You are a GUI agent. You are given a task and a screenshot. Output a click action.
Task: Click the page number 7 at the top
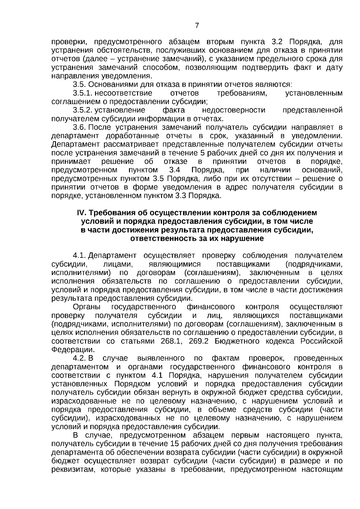[197, 26]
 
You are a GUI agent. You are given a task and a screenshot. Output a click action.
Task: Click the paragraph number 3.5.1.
[82, 93]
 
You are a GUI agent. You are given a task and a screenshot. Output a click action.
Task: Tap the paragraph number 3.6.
[79, 127]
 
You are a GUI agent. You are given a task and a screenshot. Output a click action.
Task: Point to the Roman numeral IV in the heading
[82, 213]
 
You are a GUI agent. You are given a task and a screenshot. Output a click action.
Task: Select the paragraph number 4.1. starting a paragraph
[79, 256]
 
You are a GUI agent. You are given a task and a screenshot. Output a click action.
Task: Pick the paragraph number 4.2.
[79, 358]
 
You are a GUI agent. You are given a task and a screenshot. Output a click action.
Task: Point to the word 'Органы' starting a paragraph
[87, 307]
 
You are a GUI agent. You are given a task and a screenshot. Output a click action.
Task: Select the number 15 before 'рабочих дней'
[174, 444]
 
